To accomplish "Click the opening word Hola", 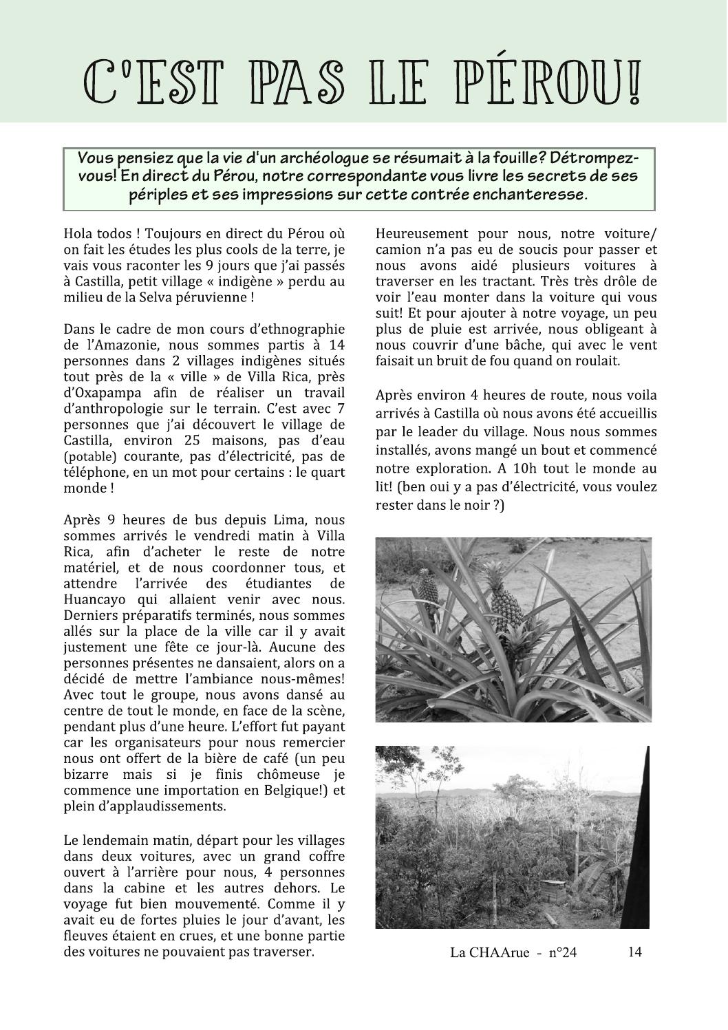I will click(78, 234).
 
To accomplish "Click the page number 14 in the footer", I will click(634, 952).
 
